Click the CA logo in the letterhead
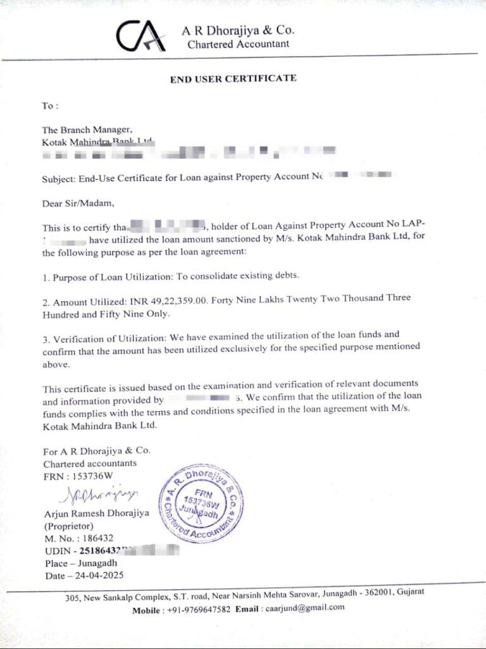[x=140, y=36]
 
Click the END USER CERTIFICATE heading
[x=233, y=78]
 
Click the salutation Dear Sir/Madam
[x=79, y=204]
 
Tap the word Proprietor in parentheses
[x=68, y=526]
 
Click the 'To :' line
[x=51, y=106]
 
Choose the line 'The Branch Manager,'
[x=87, y=130]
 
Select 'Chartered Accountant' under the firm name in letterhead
[x=239, y=44]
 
